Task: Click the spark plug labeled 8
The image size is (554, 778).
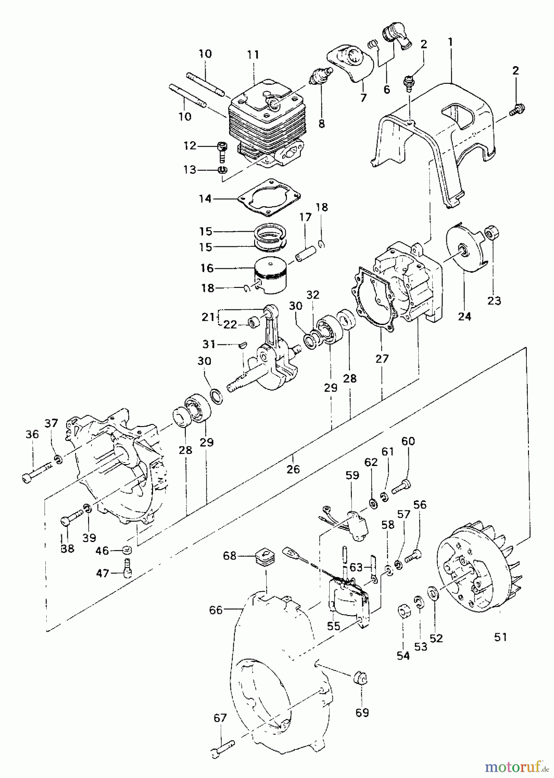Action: pos(321,77)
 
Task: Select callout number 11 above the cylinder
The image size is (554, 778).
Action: pos(253,54)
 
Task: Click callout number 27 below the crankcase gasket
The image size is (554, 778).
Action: pos(382,358)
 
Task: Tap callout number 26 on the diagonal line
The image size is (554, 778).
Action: pos(293,469)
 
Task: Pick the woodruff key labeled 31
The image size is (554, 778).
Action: pos(242,344)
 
